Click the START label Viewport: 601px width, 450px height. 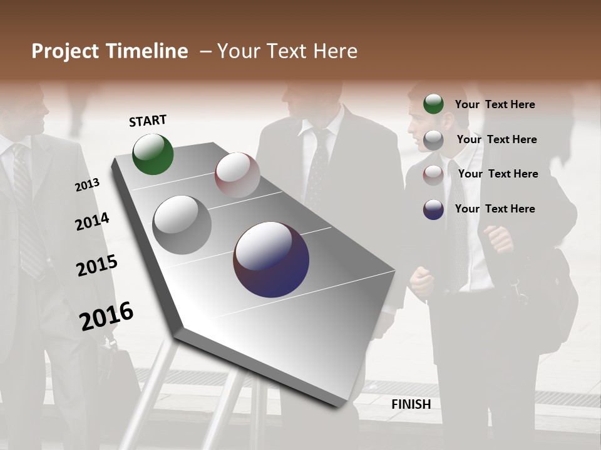click(x=148, y=121)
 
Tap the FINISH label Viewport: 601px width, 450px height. click(x=411, y=404)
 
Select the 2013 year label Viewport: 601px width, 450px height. click(x=87, y=185)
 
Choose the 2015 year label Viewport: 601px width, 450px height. click(x=97, y=266)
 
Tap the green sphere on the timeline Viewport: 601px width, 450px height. click(x=153, y=154)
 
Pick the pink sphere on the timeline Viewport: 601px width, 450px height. click(x=237, y=174)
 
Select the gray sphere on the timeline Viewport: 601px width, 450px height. click(x=182, y=225)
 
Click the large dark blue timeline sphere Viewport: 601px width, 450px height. click(x=271, y=259)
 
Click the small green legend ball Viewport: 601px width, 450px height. click(x=433, y=104)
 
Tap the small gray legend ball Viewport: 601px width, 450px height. click(x=433, y=139)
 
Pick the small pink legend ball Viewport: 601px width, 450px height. click(x=433, y=174)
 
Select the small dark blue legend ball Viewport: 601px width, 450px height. click(x=433, y=209)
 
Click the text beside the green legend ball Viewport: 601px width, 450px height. click(x=495, y=105)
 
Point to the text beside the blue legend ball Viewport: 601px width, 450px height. click(x=495, y=209)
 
